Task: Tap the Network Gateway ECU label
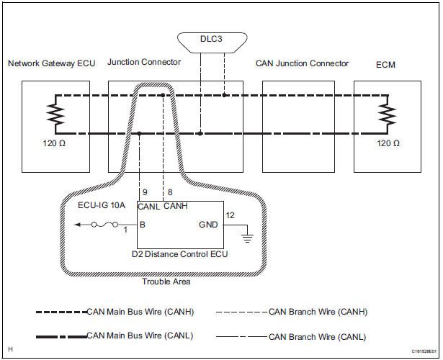pos(51,64)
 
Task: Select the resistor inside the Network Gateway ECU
pos(53,114)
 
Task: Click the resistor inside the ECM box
pos(388,114)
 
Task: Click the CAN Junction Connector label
pos(302,64)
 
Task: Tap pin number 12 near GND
pos(231,215)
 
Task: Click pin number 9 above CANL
pos(145,192)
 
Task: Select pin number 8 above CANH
pos(169,192)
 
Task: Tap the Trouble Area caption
pos(167,282)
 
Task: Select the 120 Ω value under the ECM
pos(389,143)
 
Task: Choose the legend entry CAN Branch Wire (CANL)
pos(317,336)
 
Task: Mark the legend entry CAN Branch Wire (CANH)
pos(317,312)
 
